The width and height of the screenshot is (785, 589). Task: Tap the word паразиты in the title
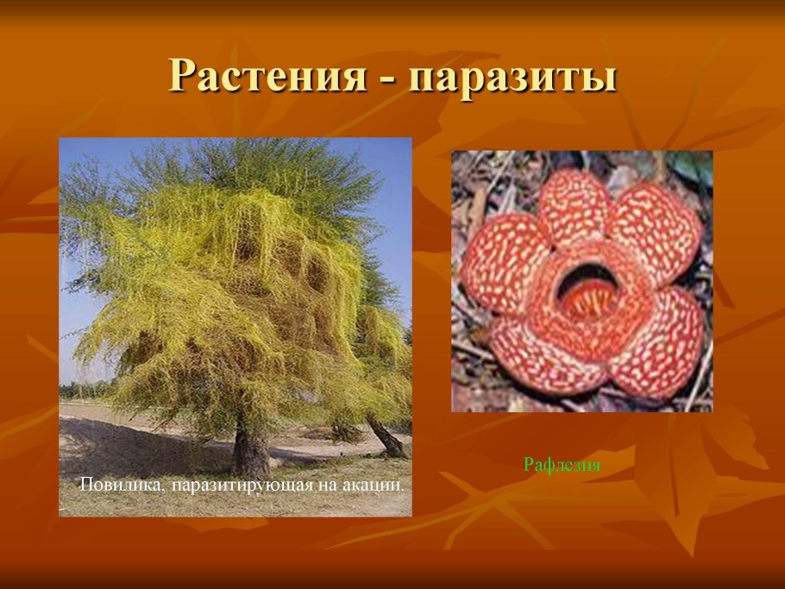click(513, 78)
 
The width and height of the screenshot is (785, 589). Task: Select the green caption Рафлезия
click(562, 465)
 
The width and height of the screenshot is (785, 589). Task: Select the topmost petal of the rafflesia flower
click(575, 207)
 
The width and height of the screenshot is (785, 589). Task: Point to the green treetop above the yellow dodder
click(259, 164)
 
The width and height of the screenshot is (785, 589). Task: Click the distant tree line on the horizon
click(86, 390)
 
